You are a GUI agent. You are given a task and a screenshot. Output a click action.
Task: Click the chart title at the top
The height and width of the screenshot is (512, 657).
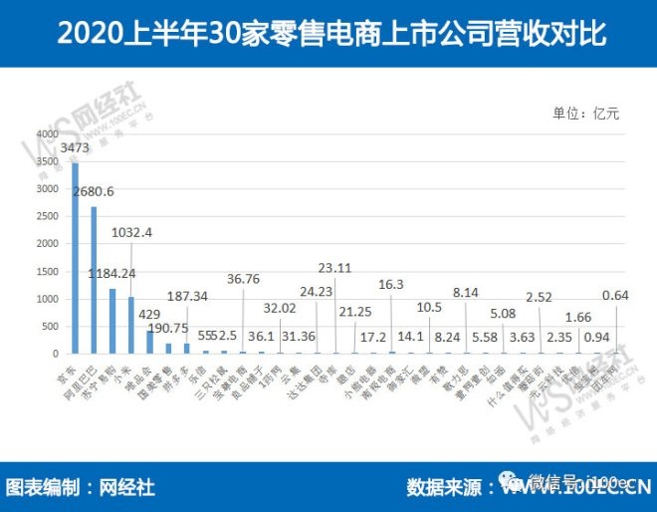coord(328,33)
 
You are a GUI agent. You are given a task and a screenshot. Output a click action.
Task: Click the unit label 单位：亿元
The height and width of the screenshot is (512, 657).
coord(586,113)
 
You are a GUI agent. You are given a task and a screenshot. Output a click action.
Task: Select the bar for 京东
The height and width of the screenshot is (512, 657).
coord(75,258)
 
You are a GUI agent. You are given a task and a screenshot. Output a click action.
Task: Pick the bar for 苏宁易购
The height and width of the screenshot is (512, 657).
coord(112,321)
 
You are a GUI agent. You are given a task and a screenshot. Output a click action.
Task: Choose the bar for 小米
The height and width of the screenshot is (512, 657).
coord(130,325)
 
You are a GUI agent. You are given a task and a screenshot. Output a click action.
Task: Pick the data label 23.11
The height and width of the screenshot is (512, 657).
coord(336,268)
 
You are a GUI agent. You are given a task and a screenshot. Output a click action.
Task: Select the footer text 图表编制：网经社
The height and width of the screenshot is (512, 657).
coord(81,488)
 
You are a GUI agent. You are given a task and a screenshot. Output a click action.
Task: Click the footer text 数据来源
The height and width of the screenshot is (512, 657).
coord(443,488)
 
